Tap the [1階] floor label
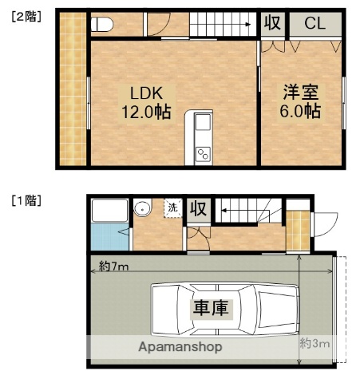26,199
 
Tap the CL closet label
315,23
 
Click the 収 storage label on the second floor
272,23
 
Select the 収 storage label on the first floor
198,210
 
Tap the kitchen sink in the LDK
202,124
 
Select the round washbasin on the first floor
144,210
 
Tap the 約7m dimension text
114,266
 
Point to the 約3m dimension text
315,343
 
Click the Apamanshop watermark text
180,347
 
